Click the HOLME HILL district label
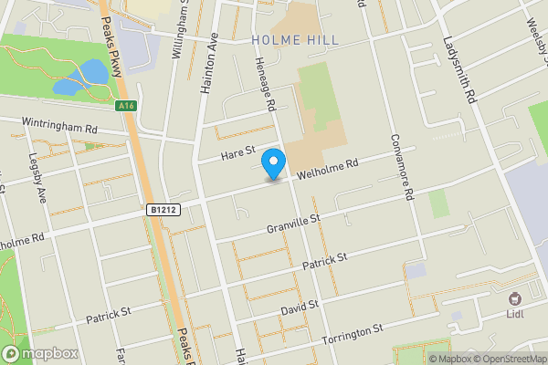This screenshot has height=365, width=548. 293,40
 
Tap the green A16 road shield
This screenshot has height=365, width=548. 127,106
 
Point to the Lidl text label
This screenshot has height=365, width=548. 518,316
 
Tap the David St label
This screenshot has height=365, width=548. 299,308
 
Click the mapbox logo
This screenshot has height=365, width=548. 39,354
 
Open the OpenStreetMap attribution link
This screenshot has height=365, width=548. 509,358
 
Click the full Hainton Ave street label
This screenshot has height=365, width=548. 207,68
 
